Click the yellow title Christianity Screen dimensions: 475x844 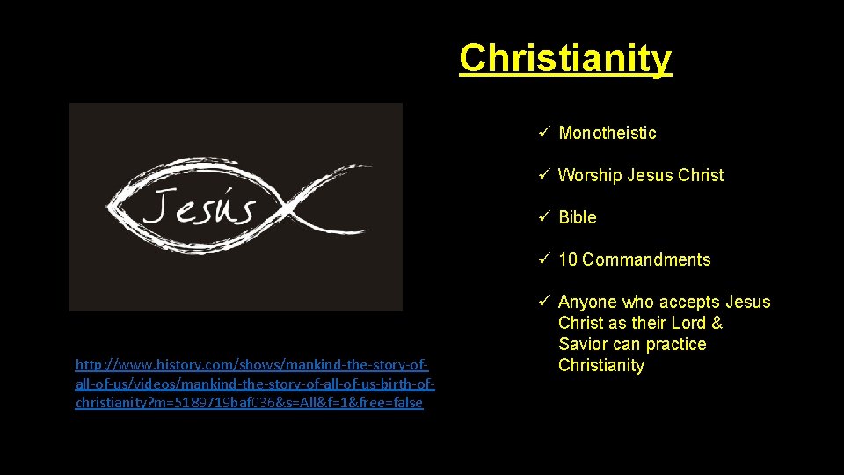click(x=564, y=59)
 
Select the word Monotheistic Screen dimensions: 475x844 click(x=608, y=133)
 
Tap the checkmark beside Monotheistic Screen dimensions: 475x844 click(x=544, y=133)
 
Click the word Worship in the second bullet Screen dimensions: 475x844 click(x=590, y=175)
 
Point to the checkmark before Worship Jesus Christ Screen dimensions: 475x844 click(x=544, y=175)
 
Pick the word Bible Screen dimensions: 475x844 click(x=578, y=217)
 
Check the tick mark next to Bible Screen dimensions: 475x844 click(x=544, y=217)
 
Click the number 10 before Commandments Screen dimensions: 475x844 click(x=568, y=259)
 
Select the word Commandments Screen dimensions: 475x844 click(x=646, y=259)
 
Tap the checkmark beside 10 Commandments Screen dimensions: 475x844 click(x=544, y=259)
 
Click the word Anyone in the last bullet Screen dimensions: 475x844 click(x=588, y=302)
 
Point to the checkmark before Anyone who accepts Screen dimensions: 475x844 click(x=544, y=302)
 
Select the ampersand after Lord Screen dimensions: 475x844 click(x=717, y=323)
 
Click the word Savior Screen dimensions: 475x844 click(x=583, y=344)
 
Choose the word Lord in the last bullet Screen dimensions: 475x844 click(x=688, y=323)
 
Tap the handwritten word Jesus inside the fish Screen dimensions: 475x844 click(x=200, y=208)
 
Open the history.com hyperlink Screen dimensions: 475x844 click(x=253, y=383)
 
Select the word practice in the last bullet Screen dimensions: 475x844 click(x=675, y=344)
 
